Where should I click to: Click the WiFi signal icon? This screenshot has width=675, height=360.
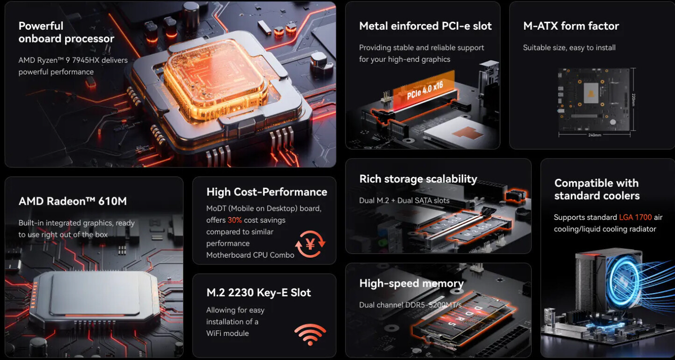point(310,334)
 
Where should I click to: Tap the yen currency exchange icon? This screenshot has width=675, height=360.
point(310,244)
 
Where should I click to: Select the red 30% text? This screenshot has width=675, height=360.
point(235,220)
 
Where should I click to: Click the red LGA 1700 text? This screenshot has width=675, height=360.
point(635,217)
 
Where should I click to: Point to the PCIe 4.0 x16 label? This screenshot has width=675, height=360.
point(425,90)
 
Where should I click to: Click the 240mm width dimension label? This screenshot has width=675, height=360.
point(595,135)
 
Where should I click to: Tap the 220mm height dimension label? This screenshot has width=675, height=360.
point(633,100)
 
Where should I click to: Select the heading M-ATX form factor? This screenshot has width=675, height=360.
point(571,26)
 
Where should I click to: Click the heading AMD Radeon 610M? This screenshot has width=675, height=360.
point(73,201)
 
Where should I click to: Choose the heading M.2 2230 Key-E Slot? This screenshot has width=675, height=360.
point(259,292)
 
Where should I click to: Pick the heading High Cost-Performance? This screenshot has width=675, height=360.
point(267,192)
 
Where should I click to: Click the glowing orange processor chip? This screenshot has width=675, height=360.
point(215,82)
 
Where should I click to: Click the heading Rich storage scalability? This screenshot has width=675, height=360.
point(418,179)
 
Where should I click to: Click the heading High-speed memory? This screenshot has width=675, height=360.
point(411,283)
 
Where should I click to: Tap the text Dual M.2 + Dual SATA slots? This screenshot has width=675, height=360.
point(404,201)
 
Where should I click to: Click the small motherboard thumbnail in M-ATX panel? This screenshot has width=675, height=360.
point(593,100)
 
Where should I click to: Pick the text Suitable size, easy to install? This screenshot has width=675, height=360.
point(569,48)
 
